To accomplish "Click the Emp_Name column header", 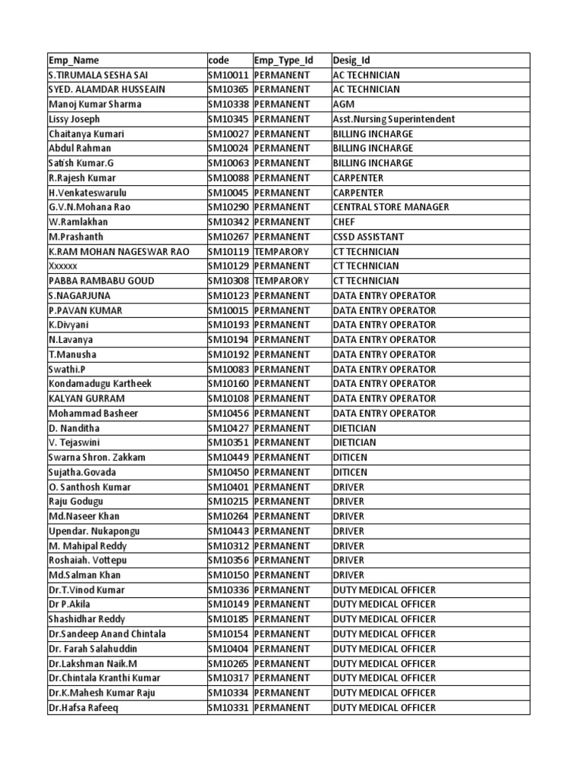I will point(74,60).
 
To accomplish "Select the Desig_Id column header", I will point(351,60).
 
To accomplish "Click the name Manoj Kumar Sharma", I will point(95,105).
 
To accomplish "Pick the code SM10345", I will point(228,119).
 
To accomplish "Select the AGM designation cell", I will point(344,105).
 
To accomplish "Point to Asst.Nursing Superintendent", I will point(394,119).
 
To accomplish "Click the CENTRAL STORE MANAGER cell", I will point(391,207).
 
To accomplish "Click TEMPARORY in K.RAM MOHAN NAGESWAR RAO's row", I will point(282,252).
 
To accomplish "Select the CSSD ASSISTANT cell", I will point(368,237).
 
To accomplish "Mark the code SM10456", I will point(228,414).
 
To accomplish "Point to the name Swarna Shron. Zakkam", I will point(97,458).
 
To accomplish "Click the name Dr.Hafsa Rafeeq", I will point(84,708).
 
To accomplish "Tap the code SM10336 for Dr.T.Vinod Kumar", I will point(228,590).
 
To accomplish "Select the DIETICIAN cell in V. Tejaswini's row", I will point(355,443).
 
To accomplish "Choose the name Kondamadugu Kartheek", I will point(100,384).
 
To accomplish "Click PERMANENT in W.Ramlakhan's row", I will point(282,222).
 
